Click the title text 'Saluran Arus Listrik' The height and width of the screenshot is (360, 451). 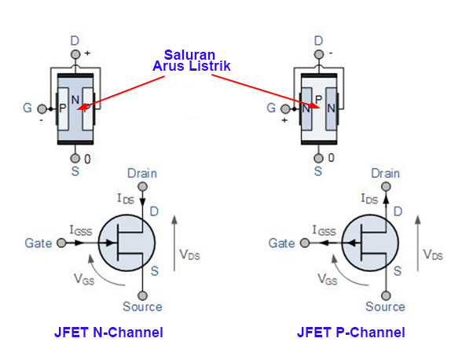click(192, 61)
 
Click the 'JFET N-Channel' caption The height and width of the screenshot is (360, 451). click(108, 332)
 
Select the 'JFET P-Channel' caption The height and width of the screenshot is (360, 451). click(351, 332)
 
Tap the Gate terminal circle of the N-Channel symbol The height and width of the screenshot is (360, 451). click(61, 243)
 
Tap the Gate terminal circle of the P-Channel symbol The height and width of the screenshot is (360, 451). click(305, 243)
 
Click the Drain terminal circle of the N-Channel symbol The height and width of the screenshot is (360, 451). click(142, 186)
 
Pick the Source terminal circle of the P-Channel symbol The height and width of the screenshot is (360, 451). click(386, 296)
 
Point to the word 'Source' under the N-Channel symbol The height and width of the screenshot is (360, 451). click(142, 307)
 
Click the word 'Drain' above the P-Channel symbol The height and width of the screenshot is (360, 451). click(386, 174)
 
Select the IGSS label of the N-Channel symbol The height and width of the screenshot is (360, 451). click(81, 230)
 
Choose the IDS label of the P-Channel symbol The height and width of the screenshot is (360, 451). click(369, 199)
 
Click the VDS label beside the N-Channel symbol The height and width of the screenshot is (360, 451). click(189, 255)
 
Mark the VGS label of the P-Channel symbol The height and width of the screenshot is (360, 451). click(328, 279)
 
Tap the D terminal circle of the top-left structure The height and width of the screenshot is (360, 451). click(75, 54)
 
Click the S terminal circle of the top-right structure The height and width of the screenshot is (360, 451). click(318, 158)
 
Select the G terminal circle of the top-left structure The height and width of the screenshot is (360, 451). click(42, 108)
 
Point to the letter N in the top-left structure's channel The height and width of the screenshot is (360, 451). click(75, 100)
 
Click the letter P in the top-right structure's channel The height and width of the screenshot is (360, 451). click(318, 100)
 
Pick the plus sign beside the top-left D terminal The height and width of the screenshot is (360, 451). click(87, 53)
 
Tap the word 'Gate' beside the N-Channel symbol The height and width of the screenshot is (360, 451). click(38, 244)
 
